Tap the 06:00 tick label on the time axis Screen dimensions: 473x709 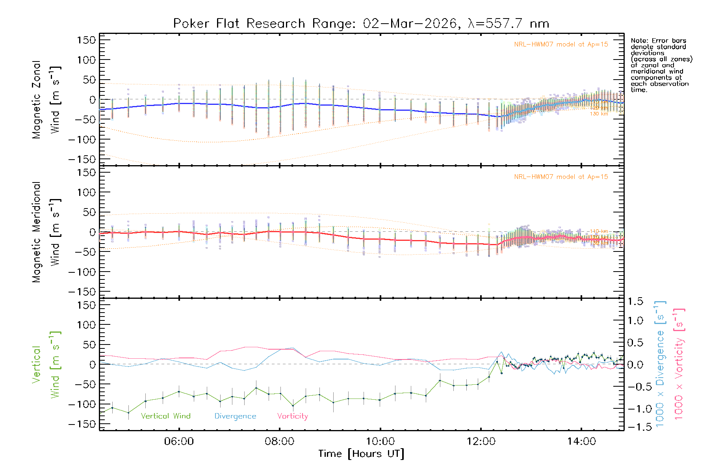[179, 441]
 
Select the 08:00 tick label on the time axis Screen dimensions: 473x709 [279, 441]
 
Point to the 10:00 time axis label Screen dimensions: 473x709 [380, 441]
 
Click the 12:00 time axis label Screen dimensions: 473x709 [481, 441]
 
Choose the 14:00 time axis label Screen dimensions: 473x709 [581, 441]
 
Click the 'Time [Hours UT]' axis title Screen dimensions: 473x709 [361, 454]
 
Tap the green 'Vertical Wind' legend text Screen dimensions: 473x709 [165, 416]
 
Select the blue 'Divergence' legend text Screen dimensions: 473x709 [235, 416]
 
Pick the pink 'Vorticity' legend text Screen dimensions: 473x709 [292, 416]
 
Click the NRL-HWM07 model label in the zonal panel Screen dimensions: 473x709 [561, 45]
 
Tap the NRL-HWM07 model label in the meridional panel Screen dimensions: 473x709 [561, 177]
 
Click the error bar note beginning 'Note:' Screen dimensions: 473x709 [661, 65]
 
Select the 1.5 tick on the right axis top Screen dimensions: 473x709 [635, 302]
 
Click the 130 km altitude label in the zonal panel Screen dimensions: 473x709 [599, 114]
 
